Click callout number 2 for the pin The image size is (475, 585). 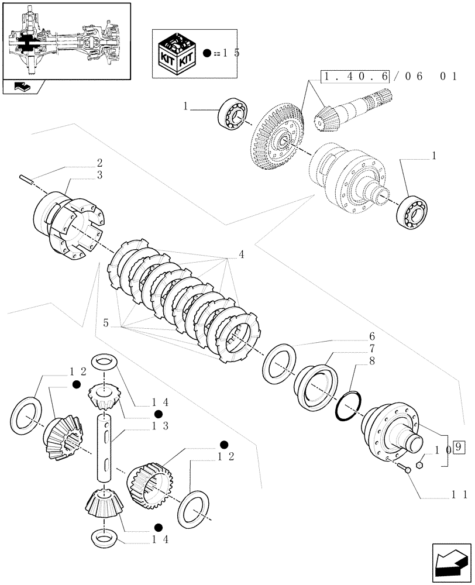coord(100,163)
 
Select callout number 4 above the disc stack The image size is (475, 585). coord(242,254)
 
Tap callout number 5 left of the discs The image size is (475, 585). coord(106,322)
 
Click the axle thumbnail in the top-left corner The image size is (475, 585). coord(66,41)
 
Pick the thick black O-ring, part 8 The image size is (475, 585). coord(349,406)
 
